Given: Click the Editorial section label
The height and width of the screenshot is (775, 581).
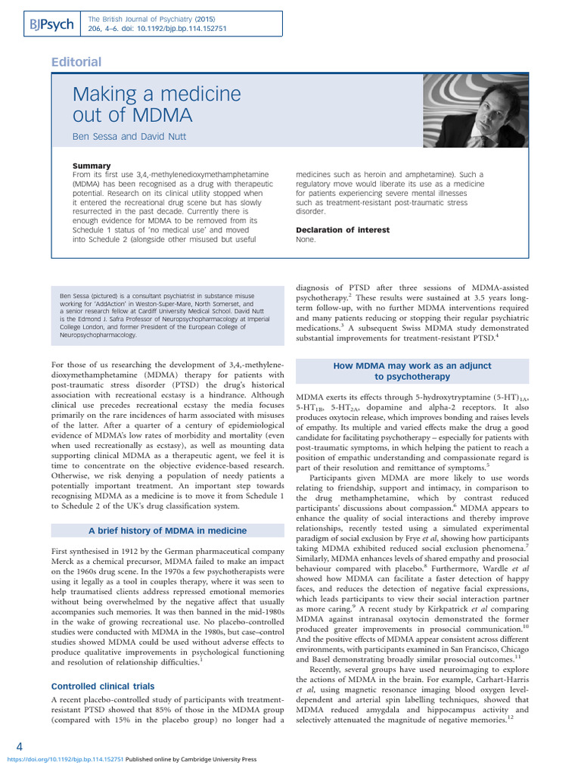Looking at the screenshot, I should coord(76,62).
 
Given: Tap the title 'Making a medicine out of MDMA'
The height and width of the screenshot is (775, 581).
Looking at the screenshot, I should coord(156,105).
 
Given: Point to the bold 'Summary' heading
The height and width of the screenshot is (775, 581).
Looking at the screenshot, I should coord(92,166).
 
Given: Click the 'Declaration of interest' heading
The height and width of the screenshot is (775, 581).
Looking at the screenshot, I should coord(343,230).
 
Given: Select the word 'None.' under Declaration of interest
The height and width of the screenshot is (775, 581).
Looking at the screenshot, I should coord(306,239).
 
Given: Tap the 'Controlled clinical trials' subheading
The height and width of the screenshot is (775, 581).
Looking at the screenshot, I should coord(102,686).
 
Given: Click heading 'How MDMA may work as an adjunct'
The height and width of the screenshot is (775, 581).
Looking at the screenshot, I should coord(412,366).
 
